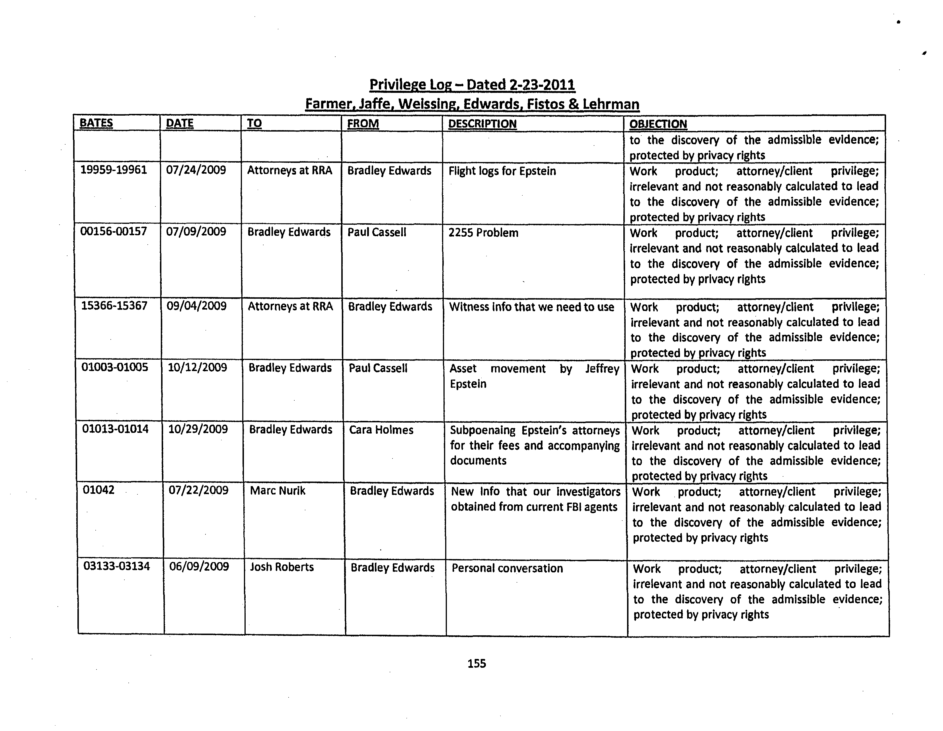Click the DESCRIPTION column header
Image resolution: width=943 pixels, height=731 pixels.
click(482, 124)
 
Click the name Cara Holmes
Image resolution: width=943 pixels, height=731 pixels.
click(381, 430)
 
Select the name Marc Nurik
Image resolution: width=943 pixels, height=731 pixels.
click(277, 491)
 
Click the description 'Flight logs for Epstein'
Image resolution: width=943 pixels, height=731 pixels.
click(502, 171)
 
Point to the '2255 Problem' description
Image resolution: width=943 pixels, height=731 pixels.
click(483, 233)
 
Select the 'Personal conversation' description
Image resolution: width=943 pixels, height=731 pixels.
click(507, 568)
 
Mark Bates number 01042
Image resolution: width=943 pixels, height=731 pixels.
click(98, 490)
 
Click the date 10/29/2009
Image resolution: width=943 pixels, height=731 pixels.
click(198, 429)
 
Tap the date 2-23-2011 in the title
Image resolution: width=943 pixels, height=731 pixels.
click(542, 85)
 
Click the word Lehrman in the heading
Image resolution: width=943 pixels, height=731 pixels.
click(611, 104)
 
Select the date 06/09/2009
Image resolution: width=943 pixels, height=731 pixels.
click(199, 566)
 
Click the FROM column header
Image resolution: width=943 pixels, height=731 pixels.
click(363, 124)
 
